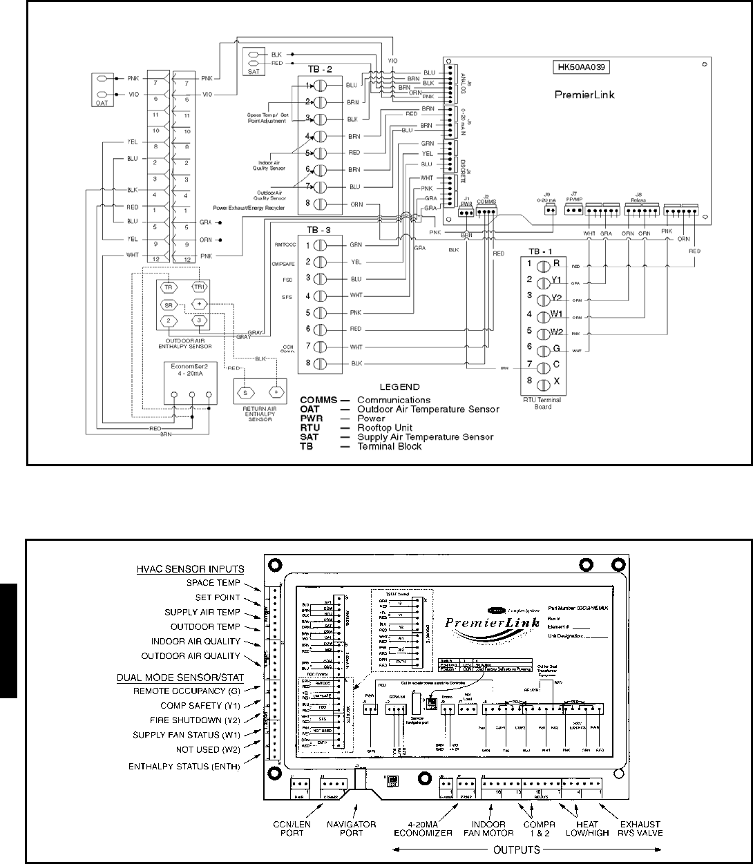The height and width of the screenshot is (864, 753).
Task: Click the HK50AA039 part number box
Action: [584, 68]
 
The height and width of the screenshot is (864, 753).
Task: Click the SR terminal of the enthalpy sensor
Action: [168, 305]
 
